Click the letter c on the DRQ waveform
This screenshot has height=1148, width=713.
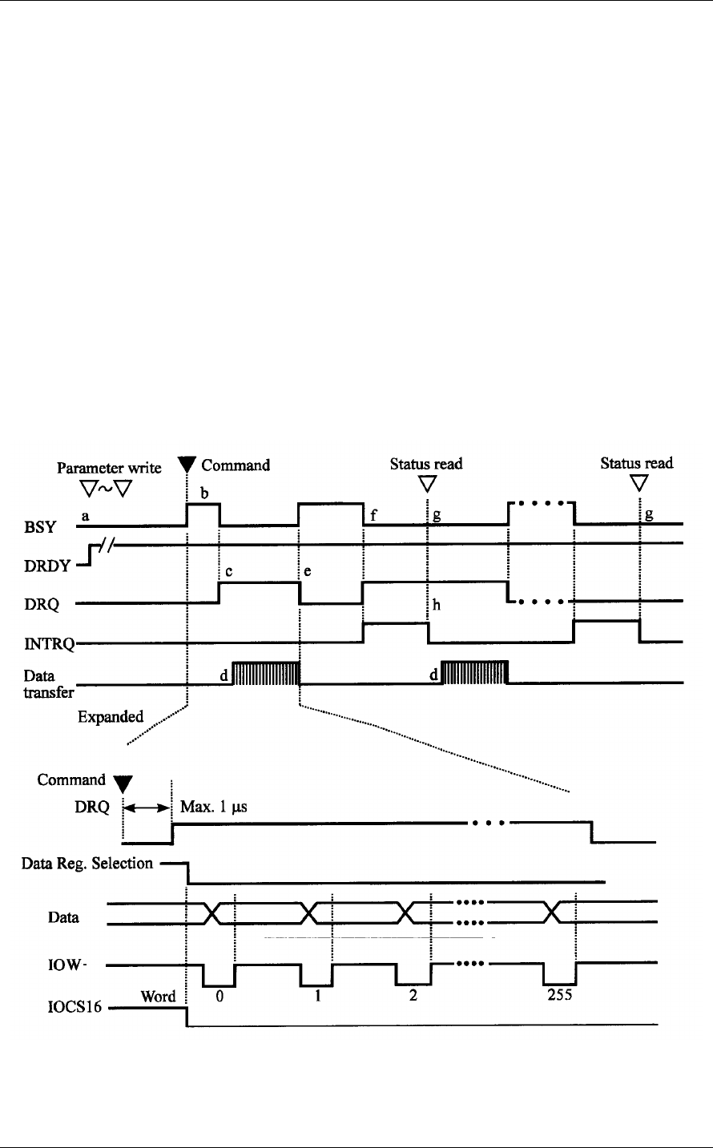[229, 573]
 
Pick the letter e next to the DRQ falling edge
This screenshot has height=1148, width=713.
[307, 573]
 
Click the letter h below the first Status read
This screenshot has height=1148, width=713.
[437, 606]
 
